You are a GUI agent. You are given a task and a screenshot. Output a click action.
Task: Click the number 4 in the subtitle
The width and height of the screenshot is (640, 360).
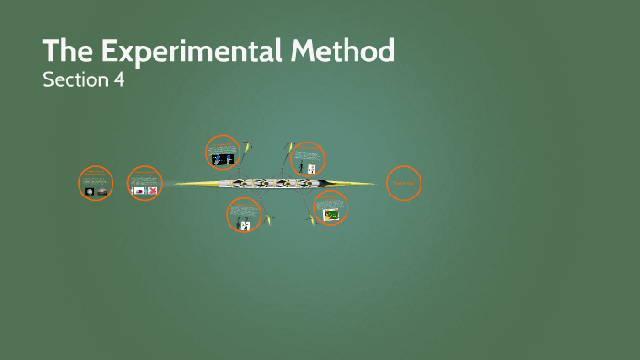pyautogui.click(x=118, y=79)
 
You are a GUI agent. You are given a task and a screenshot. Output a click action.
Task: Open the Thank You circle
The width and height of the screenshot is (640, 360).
pyautogui.click(x=403, y=184)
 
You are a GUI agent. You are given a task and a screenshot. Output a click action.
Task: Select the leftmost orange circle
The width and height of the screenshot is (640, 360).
pyautogui.click(x=96, y=184)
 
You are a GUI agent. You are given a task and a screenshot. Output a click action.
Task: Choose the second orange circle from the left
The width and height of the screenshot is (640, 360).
pyautogui.click(x=144, y=183)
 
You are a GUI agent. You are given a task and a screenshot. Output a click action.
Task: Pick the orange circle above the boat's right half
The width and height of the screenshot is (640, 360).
pyautogui.click(x=308, y=159)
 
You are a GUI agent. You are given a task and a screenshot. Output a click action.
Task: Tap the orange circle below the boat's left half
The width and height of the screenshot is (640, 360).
pyautogui.click(x=243, y=216)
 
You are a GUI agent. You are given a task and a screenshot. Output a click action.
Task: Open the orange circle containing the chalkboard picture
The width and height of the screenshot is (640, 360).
pyautogui.click(x=331, y=209)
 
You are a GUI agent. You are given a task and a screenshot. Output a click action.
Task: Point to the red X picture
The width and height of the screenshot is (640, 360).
pyautogui.click(x=152, y=190)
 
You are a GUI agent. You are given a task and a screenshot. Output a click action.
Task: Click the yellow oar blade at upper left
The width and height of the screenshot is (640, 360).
pyautogui.click(x=248, y=145)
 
